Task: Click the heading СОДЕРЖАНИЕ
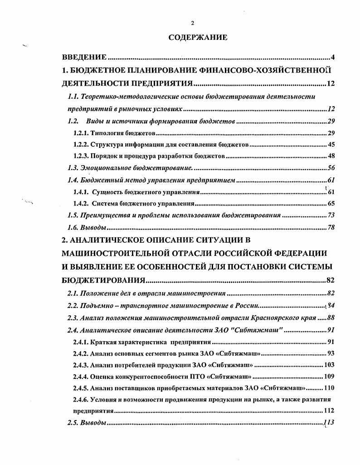point(198,38)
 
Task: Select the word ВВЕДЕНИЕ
point(84,58)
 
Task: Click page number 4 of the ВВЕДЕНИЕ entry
point(332,58)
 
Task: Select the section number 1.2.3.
point(81,156)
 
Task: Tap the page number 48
point(331,156)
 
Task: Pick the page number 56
point(331,168)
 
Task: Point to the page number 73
point(331,215)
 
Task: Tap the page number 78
point(331,227)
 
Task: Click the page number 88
point(330,317)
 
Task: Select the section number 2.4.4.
point(81,376)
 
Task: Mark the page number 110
point(329,388)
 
